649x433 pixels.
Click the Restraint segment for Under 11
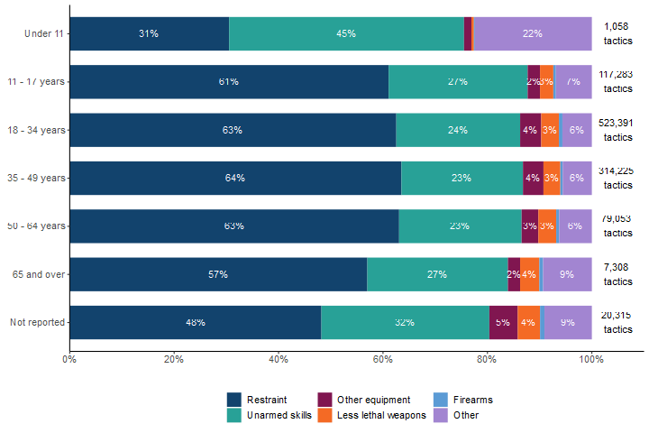pos(149,33)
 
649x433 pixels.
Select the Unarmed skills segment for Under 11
pos(346,33)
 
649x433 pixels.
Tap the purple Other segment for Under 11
pos(532,33)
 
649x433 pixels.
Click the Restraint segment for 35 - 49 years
pos(235,178)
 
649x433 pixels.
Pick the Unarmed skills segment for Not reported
pos(405,322)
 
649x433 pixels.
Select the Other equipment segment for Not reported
pos(503,322)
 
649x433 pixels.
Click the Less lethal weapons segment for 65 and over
pos(529,274)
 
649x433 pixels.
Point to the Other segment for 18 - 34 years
pos(576,130)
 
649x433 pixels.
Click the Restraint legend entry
pos(261,400)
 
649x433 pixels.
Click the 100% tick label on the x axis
pos(591,359)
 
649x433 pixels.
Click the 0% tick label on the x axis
pos(69,359)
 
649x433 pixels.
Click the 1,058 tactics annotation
pos(618,33)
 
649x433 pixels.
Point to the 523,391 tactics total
pos(618,130)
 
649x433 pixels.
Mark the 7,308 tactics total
pos(618,274)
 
